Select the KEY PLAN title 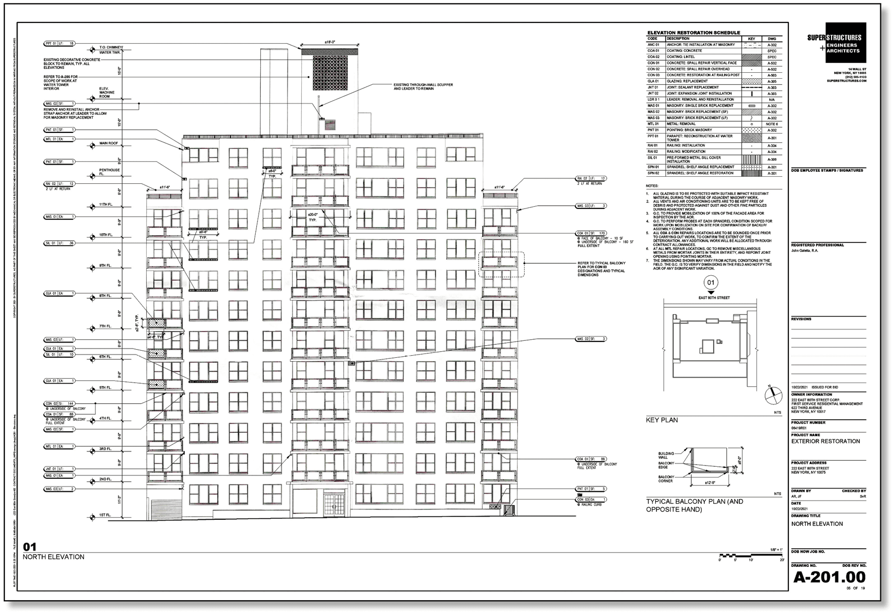[662, 420]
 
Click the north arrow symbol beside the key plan [772, 394]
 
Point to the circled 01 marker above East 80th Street [711, 283]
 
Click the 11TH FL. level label [106, 205]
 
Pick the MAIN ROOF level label [108, 143]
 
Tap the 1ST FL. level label [106, 515]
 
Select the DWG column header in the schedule [772, 39]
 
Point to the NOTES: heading [652, 186]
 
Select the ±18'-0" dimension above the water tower [329, 42]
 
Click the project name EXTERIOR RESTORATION [826, 441]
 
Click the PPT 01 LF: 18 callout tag [60, 43]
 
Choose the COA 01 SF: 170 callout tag [591, 233]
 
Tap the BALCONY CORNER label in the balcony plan [667, 479]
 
